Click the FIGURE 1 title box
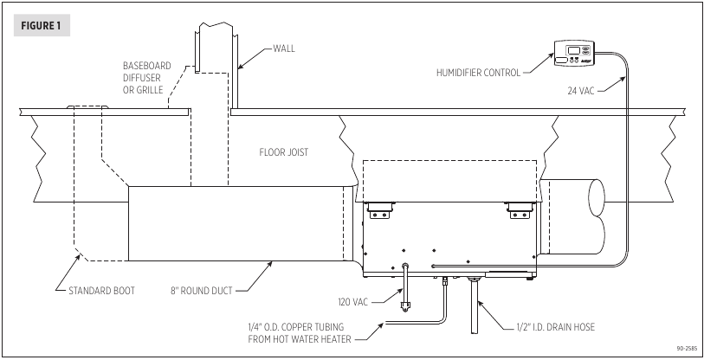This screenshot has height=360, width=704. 42,26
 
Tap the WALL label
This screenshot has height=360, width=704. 284,48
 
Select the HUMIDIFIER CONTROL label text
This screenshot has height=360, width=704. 478,73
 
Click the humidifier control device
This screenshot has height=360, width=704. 574,54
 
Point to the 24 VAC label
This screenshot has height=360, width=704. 580,91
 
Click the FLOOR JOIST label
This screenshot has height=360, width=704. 284,152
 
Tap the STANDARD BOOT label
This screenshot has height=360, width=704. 101,291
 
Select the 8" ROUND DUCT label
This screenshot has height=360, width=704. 201,291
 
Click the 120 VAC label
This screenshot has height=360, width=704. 353,302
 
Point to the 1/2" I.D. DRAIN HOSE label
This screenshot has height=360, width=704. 555,327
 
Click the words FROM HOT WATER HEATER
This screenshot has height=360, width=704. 300,339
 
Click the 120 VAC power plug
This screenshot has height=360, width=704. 405,306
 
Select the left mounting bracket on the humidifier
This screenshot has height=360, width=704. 380,210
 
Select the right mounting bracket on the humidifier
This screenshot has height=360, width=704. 520,210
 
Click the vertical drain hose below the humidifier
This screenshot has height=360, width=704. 474,306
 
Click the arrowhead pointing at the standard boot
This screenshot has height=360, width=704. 80,257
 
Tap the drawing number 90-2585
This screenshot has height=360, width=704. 688,349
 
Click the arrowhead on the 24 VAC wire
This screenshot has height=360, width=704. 623,80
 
